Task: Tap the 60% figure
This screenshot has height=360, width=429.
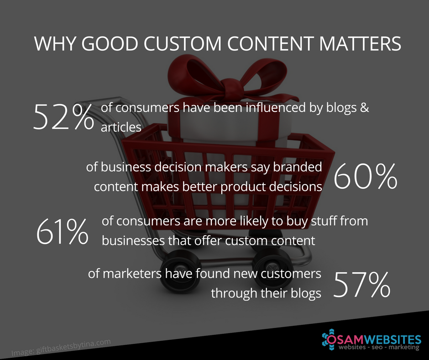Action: pos(365,177)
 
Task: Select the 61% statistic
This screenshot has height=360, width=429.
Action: pos(63,231)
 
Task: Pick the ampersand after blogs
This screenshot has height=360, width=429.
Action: pos(364,108)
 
